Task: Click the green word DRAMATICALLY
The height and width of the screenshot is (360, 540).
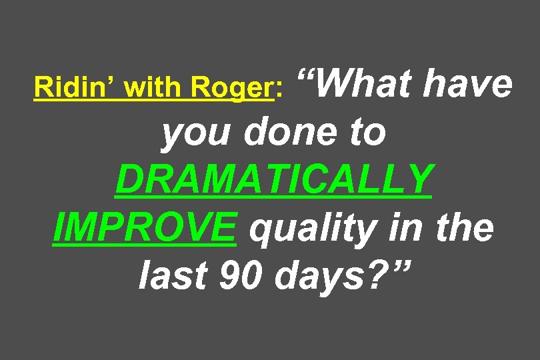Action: pyautogui.click(x=274, y=180)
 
